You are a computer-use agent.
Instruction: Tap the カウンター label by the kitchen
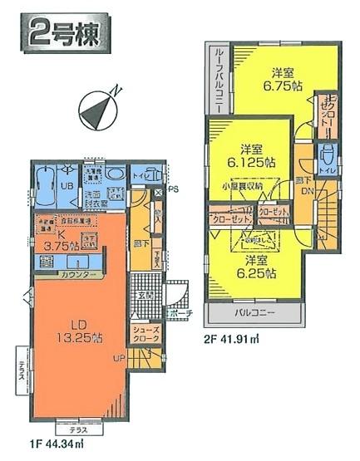click(x=81, y=274)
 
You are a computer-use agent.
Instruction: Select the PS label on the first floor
click(x=173, y=189)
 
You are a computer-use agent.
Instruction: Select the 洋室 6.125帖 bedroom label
click(x=247, y=156)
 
